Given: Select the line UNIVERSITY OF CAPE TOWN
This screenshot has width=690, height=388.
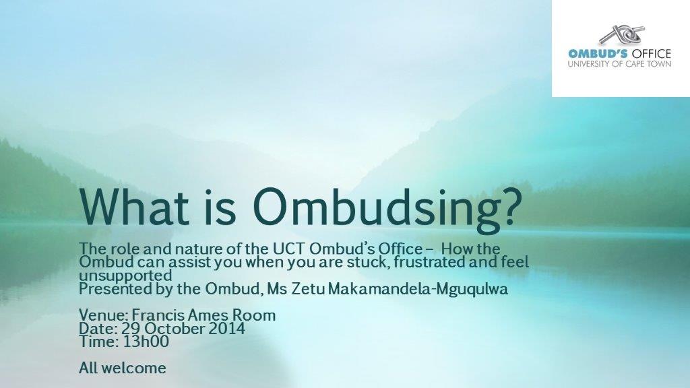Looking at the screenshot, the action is point(620,64).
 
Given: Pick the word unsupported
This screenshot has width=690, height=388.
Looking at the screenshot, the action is point(125,276).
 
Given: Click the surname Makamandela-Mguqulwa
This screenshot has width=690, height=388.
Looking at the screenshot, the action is point(418,290).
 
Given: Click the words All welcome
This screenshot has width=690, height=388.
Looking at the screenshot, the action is point(123,368).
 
